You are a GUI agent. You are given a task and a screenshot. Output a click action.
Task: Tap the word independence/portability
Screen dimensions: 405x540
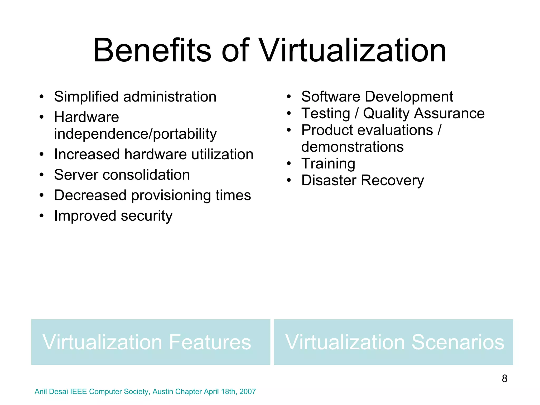[135, 134]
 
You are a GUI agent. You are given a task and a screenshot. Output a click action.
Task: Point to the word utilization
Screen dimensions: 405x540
[222, 154]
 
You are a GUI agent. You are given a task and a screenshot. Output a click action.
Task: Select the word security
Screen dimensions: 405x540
[147, 216]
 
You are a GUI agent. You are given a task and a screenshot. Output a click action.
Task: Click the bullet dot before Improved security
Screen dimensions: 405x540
[41, 216]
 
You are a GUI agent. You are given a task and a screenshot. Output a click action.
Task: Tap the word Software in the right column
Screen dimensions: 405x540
[331, 97]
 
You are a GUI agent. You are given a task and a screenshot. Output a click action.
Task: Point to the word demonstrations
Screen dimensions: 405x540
[352, 147]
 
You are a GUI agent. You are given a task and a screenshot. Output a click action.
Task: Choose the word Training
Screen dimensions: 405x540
[328, 163]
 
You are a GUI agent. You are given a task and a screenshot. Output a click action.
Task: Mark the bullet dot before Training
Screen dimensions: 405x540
[289, 163]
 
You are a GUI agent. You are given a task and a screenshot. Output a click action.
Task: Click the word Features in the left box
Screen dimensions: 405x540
[210, 342]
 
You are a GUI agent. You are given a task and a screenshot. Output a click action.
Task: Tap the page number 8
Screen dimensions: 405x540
[504, 379]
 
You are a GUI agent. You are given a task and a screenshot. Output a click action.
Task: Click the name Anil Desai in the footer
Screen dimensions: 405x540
[51, 392]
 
